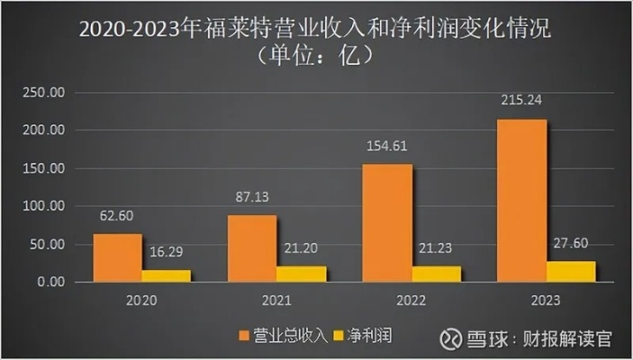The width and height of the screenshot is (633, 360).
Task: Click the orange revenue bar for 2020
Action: click(x=117, y=258)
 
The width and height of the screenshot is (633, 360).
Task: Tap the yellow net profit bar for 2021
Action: click(x=302, y=274)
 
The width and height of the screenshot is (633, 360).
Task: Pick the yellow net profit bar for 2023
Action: click(x=571, y=271)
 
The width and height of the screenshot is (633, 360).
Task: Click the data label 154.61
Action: click(x=387, y=145)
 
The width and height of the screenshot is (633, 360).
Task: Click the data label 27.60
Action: click(x=571, y=242)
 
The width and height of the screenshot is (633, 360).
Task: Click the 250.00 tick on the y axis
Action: click(x=44, y=93)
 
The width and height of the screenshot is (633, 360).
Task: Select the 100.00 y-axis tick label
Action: click(x=44, y=206)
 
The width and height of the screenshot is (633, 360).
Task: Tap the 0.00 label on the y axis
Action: click(x=50, y=282)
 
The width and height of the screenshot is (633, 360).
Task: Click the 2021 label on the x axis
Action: click(x=277, y=300)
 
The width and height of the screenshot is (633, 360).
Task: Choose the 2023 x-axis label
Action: click(x=546, y=300)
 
